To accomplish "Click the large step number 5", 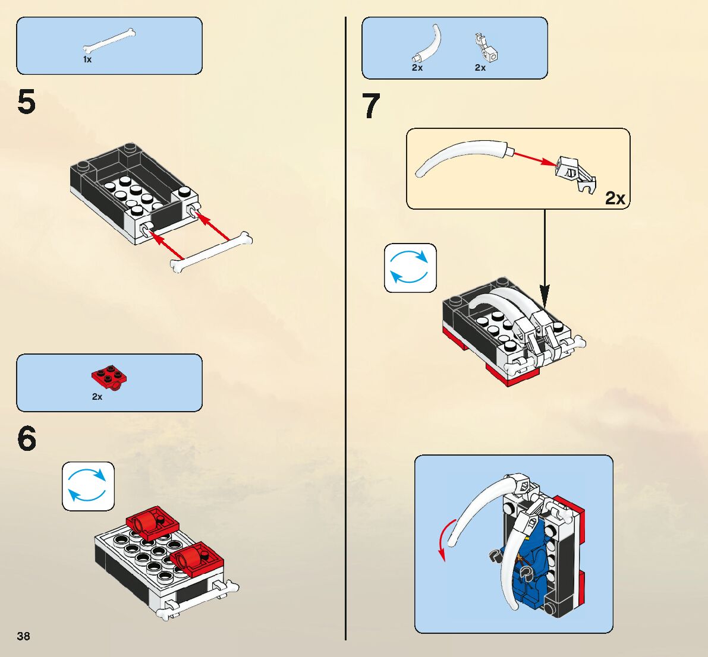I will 27,102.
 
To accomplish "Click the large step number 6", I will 27,440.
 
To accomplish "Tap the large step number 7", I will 372,107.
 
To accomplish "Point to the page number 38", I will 23,636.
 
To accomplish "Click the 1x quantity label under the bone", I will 87,60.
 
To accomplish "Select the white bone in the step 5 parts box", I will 109,40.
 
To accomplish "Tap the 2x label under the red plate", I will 97,397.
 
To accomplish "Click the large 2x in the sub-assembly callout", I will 615,198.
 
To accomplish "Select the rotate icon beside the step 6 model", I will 88,486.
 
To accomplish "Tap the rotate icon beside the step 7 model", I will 410,268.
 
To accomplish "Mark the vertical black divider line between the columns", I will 345,327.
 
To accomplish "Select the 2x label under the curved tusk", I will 417,68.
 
